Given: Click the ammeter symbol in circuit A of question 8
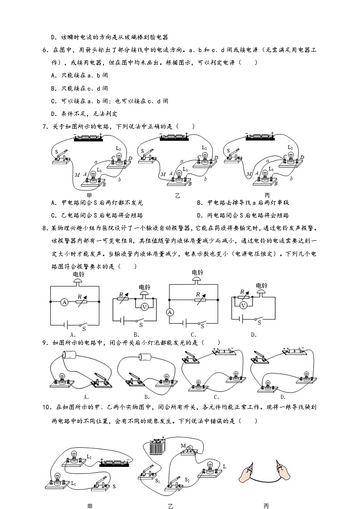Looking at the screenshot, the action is [65, 301].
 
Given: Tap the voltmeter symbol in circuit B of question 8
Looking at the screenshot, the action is [144, 307].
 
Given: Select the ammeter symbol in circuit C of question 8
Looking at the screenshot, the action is [170, 312].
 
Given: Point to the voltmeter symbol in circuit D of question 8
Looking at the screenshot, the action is [243, 305].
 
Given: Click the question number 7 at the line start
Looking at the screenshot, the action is [44, 126].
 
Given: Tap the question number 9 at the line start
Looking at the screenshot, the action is [44, 343].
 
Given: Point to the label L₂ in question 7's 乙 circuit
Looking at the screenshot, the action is [204, 148].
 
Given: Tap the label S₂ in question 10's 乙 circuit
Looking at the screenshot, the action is [186, 479].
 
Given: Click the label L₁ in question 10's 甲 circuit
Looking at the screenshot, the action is [73, 484].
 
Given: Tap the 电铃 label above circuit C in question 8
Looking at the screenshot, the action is [197, 272].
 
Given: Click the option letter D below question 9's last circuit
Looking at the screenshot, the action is [283, 398].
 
